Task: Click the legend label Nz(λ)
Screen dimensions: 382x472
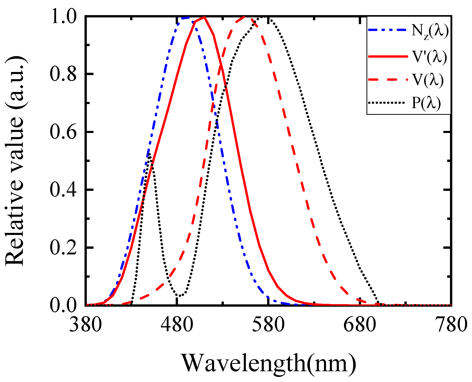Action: (430, 32)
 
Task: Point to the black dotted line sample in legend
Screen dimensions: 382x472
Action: (387, 103)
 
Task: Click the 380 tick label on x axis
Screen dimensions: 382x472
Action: (85, 325)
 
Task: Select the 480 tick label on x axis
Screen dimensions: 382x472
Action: (177, 325)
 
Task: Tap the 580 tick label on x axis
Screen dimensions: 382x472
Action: (268, 325)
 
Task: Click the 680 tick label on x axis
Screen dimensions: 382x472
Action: (360, 325)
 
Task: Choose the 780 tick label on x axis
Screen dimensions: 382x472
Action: (451, 325)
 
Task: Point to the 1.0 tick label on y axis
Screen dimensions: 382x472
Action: (63, 17)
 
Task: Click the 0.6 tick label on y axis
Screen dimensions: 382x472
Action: (63, 132)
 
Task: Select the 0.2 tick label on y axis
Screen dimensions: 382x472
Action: (63, 248)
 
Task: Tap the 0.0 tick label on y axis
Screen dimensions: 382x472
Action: (63, 305)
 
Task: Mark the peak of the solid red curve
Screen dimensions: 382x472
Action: (204, 17)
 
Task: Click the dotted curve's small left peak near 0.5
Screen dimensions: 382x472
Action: (150, 154)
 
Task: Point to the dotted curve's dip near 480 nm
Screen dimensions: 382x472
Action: (180, 296)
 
